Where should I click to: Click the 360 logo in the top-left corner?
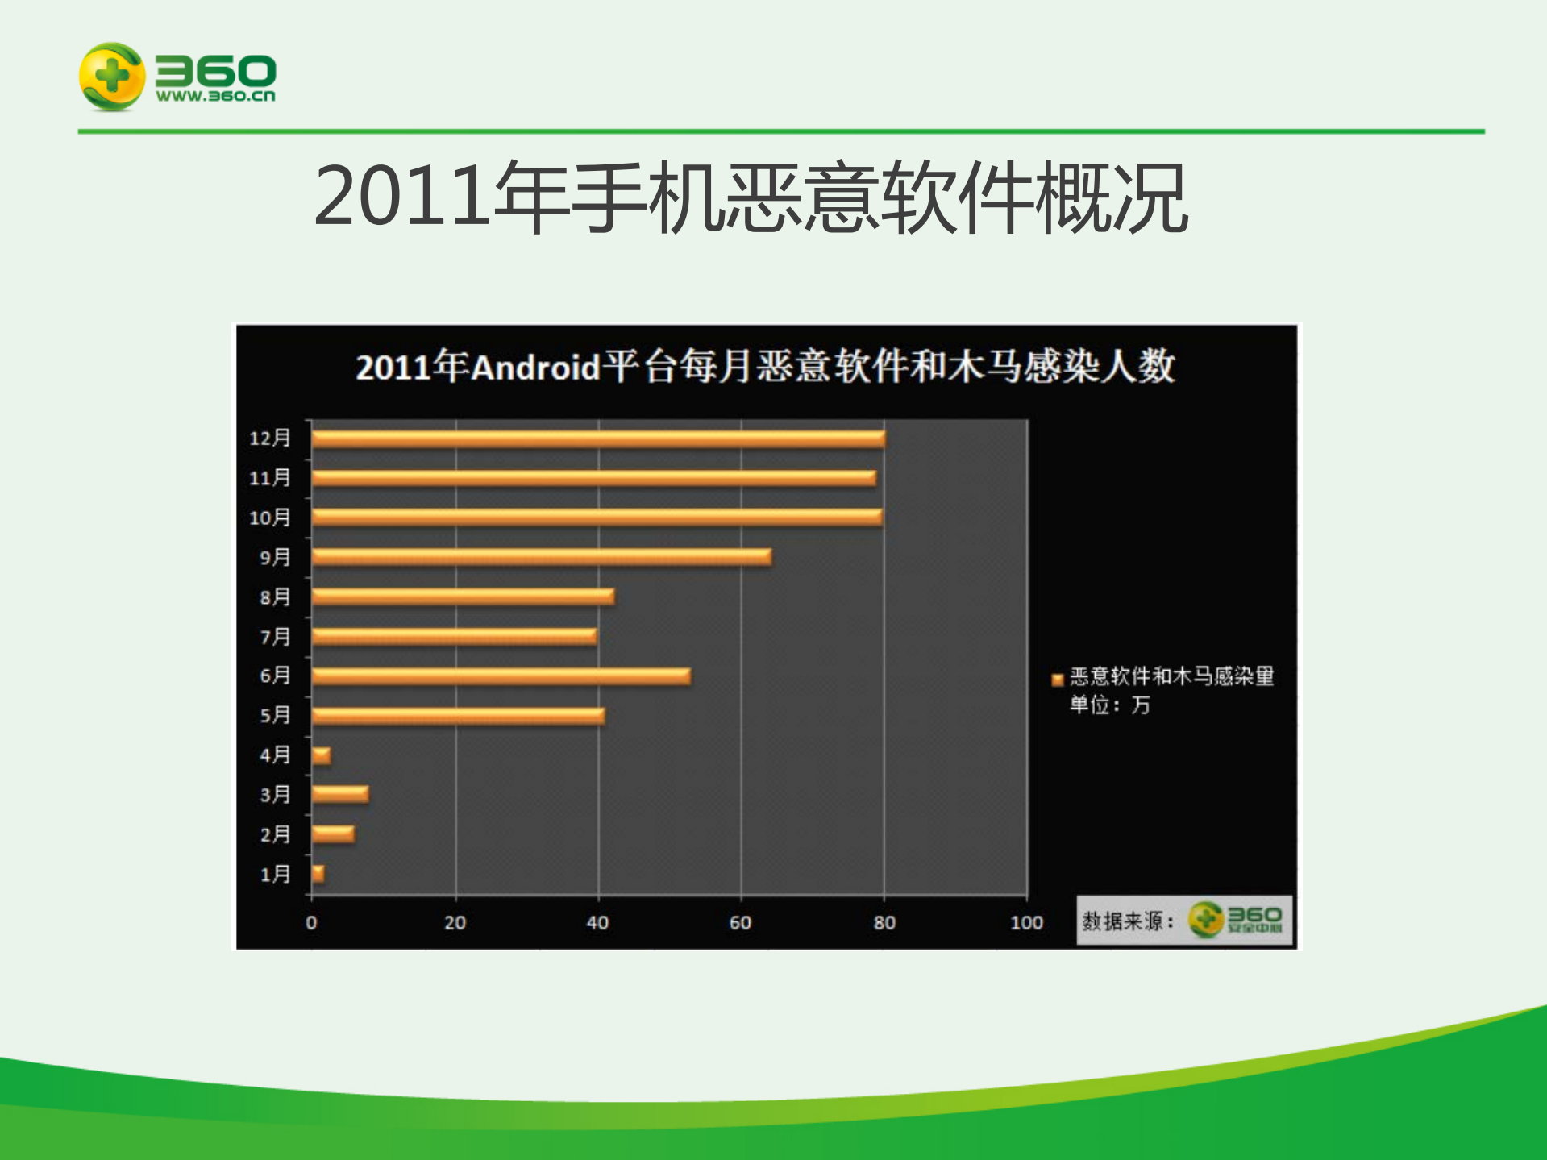click(177, 77)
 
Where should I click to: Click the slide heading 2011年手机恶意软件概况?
click(751, 197)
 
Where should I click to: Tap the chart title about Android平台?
click(765, 368)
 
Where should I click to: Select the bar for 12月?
click(598, 439)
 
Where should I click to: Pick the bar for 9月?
click(541, 557)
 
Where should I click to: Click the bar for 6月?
click(501, 676)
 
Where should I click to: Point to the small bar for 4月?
click(321, 756)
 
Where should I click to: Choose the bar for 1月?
click(318, 874)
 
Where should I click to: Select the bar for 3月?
click(340, 795)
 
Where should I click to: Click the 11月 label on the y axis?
click(269, 478)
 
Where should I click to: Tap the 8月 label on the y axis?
click(274, 597)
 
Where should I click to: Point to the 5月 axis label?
click(274, 716)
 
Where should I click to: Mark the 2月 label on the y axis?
click(274, 834)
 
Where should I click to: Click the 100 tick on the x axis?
click(1026, 923)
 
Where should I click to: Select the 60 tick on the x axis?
click(740, 923)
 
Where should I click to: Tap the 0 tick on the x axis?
click(311, 923)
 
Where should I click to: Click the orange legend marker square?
click(1058, 680)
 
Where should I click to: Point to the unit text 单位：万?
click(1109, 705)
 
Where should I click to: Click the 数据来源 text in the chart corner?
click(1127, 921)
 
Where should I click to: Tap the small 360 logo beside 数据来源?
click(1235, 920)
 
